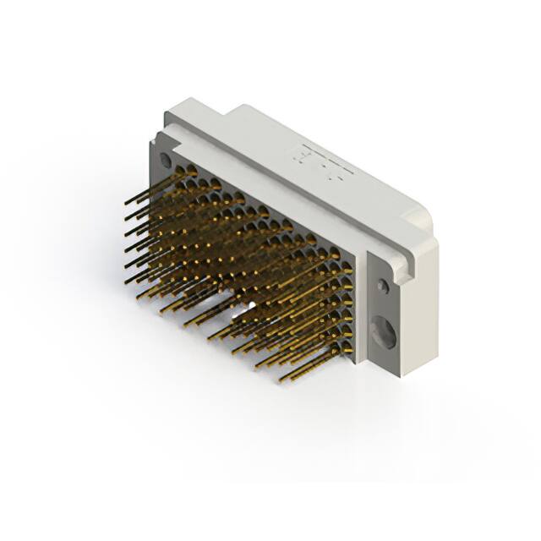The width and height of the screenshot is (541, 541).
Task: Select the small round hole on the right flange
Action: pos(385,287)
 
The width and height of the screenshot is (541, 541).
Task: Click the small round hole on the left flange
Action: pos(166,160)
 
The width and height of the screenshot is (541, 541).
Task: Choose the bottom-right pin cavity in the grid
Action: pos(347,347)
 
